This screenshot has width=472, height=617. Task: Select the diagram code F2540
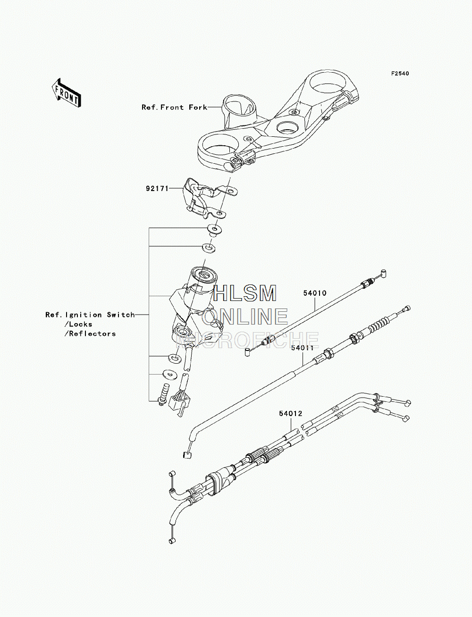400,74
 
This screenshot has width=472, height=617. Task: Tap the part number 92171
157,188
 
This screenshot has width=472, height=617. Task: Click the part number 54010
315,293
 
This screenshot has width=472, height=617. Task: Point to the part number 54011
303,348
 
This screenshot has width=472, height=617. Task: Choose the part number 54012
291,414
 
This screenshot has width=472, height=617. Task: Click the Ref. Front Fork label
174,107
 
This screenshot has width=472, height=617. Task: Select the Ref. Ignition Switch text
90,315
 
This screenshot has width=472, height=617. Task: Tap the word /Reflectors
90,334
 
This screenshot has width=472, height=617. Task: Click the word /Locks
78,324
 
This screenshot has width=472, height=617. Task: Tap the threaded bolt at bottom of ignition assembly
162,395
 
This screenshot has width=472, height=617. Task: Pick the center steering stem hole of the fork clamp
287,128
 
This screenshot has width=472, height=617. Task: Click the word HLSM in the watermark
244,293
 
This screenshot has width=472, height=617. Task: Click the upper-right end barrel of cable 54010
383,272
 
